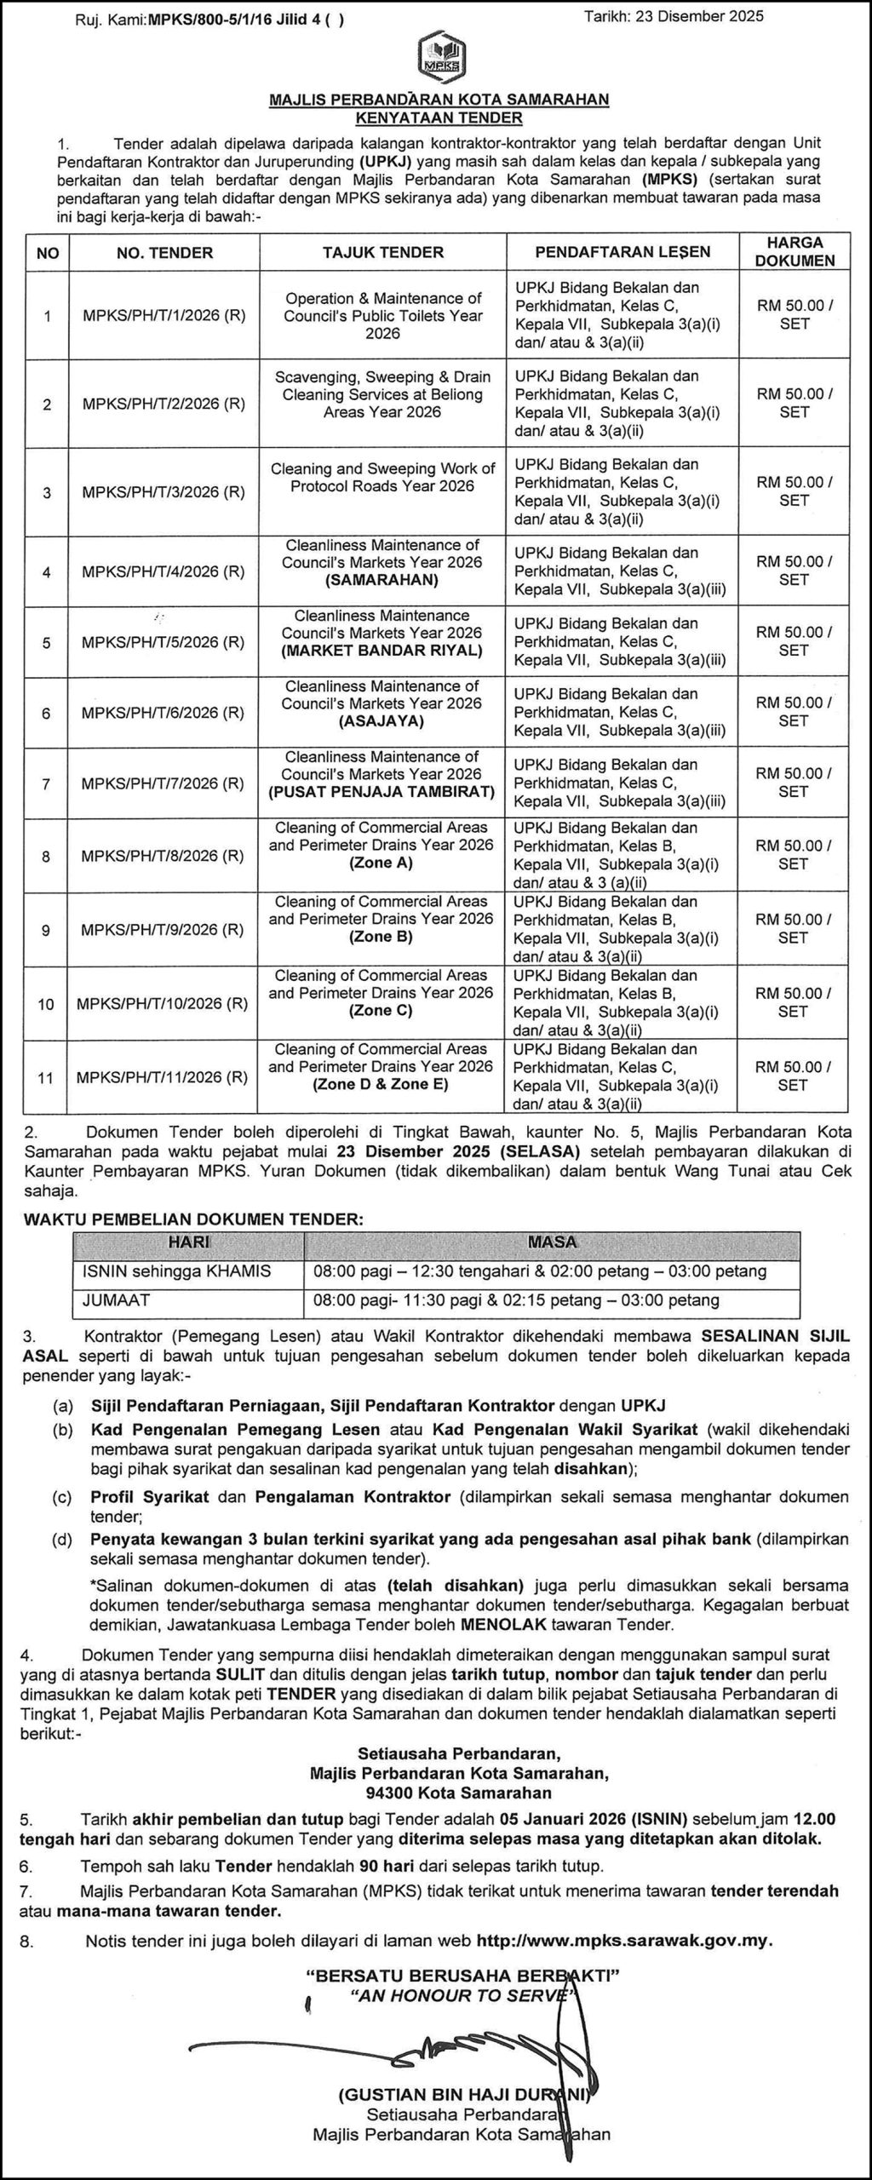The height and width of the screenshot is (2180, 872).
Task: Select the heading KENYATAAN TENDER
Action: pyautogui.click(x=439, y=118)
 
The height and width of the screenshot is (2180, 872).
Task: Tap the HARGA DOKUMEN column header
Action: pyautogui.click(x=794, y=252)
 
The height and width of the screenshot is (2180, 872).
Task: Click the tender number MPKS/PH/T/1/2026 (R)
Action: pyautogui.click(x=163, y=316)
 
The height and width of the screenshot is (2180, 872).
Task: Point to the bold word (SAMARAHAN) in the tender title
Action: pyautogui.click(x=381, y=580)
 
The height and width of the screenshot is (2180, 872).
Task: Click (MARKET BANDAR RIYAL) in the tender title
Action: pyautogui.click(x=381, y=651)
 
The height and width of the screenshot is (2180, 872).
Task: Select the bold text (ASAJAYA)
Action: pyautogui.click(x=381, y=721)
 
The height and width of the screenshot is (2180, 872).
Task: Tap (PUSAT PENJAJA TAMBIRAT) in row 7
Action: pyautogui.click(x=381, y=792)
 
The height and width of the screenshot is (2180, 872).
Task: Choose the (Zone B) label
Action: pyautogui.click(x=381, y=937)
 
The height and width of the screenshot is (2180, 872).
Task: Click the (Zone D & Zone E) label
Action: pyautogui.click(x=381, y=1085)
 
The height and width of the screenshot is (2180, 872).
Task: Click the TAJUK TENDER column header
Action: pyautogui.click(x=383, y=252)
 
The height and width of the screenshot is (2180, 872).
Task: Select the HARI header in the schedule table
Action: pyautogui.click(x=189, y=1242)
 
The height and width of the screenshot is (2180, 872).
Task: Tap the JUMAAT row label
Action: pyautogui.click(x=116, y=1300)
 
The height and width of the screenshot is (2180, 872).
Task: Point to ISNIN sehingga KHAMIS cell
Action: pyautogui.click(x=177, y=1271)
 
